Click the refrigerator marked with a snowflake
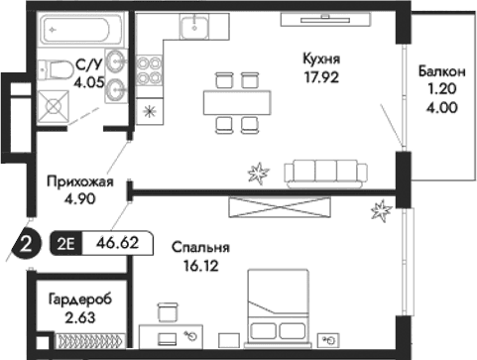click(149, 110)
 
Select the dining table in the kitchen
click(236, 100)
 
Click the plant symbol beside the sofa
click(259, 174)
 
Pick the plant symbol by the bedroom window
click(380, 209)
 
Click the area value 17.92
click(322, 76)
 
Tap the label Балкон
click(437, 71)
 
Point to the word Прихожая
click(80, 181)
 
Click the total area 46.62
click(117, 240)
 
